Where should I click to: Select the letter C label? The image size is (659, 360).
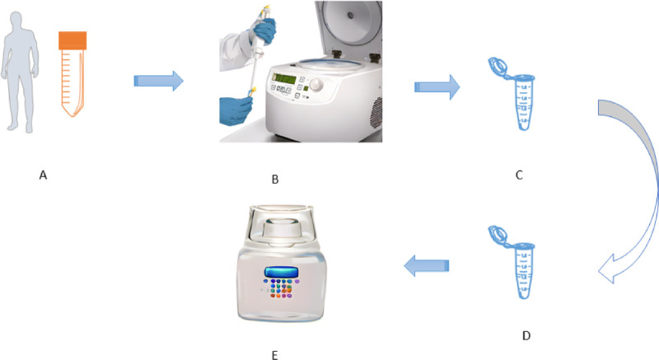tap(518, 175)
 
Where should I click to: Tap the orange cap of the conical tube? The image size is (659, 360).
tap(72, 40)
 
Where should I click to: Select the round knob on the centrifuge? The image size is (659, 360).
tap(314, 86)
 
